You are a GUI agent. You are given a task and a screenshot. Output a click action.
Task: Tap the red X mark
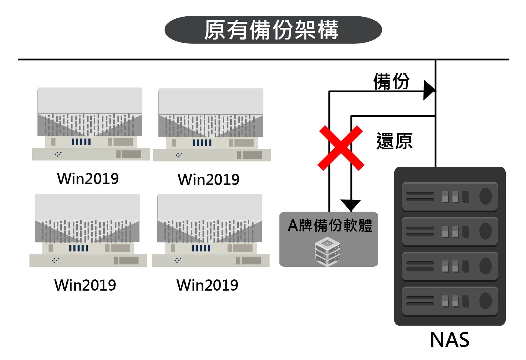341,148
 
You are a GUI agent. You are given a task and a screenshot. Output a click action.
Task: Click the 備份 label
391,81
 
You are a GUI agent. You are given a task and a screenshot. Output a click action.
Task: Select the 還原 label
394,141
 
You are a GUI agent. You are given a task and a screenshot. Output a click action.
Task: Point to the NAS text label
449,340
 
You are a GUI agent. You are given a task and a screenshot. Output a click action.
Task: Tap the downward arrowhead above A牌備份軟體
351,205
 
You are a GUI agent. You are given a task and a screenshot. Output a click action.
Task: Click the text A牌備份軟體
330,225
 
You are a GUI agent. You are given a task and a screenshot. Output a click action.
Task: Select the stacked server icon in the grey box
327,252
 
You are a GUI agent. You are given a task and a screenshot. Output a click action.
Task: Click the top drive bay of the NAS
450,197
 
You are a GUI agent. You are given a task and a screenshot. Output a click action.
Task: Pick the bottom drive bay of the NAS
450,301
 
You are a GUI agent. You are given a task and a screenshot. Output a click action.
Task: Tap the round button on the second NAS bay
485,231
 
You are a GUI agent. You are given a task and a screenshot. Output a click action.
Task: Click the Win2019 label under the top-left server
88,179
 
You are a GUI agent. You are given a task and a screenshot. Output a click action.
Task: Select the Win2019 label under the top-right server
209,180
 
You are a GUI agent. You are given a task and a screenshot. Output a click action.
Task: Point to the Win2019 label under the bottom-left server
85,285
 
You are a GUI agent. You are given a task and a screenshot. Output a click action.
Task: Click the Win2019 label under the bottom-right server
207,285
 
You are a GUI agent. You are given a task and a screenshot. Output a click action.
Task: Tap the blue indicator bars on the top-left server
81,142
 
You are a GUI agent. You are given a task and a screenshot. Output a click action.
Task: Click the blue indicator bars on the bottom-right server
201,248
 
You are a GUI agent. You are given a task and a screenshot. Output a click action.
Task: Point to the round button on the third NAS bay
485,266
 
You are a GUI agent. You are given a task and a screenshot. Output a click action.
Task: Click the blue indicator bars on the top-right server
202,143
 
